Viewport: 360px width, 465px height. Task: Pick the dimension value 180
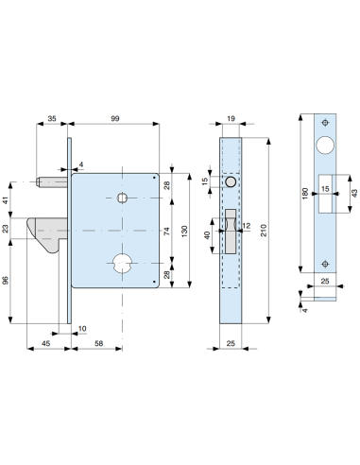pyautogui.click(x=303, y=194)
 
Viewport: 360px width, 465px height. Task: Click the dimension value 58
pyautogui.click(x=98, y=343)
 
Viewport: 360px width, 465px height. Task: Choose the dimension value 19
pyautogui.click(x=232, y=119)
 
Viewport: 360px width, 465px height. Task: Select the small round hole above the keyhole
pyautogui.click(x=122, y=198)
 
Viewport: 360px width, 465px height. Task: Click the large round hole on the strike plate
pyautogui.click(x=325, y=146)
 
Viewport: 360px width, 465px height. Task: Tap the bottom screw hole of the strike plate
pyautogui.click(x=325, y=264)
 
